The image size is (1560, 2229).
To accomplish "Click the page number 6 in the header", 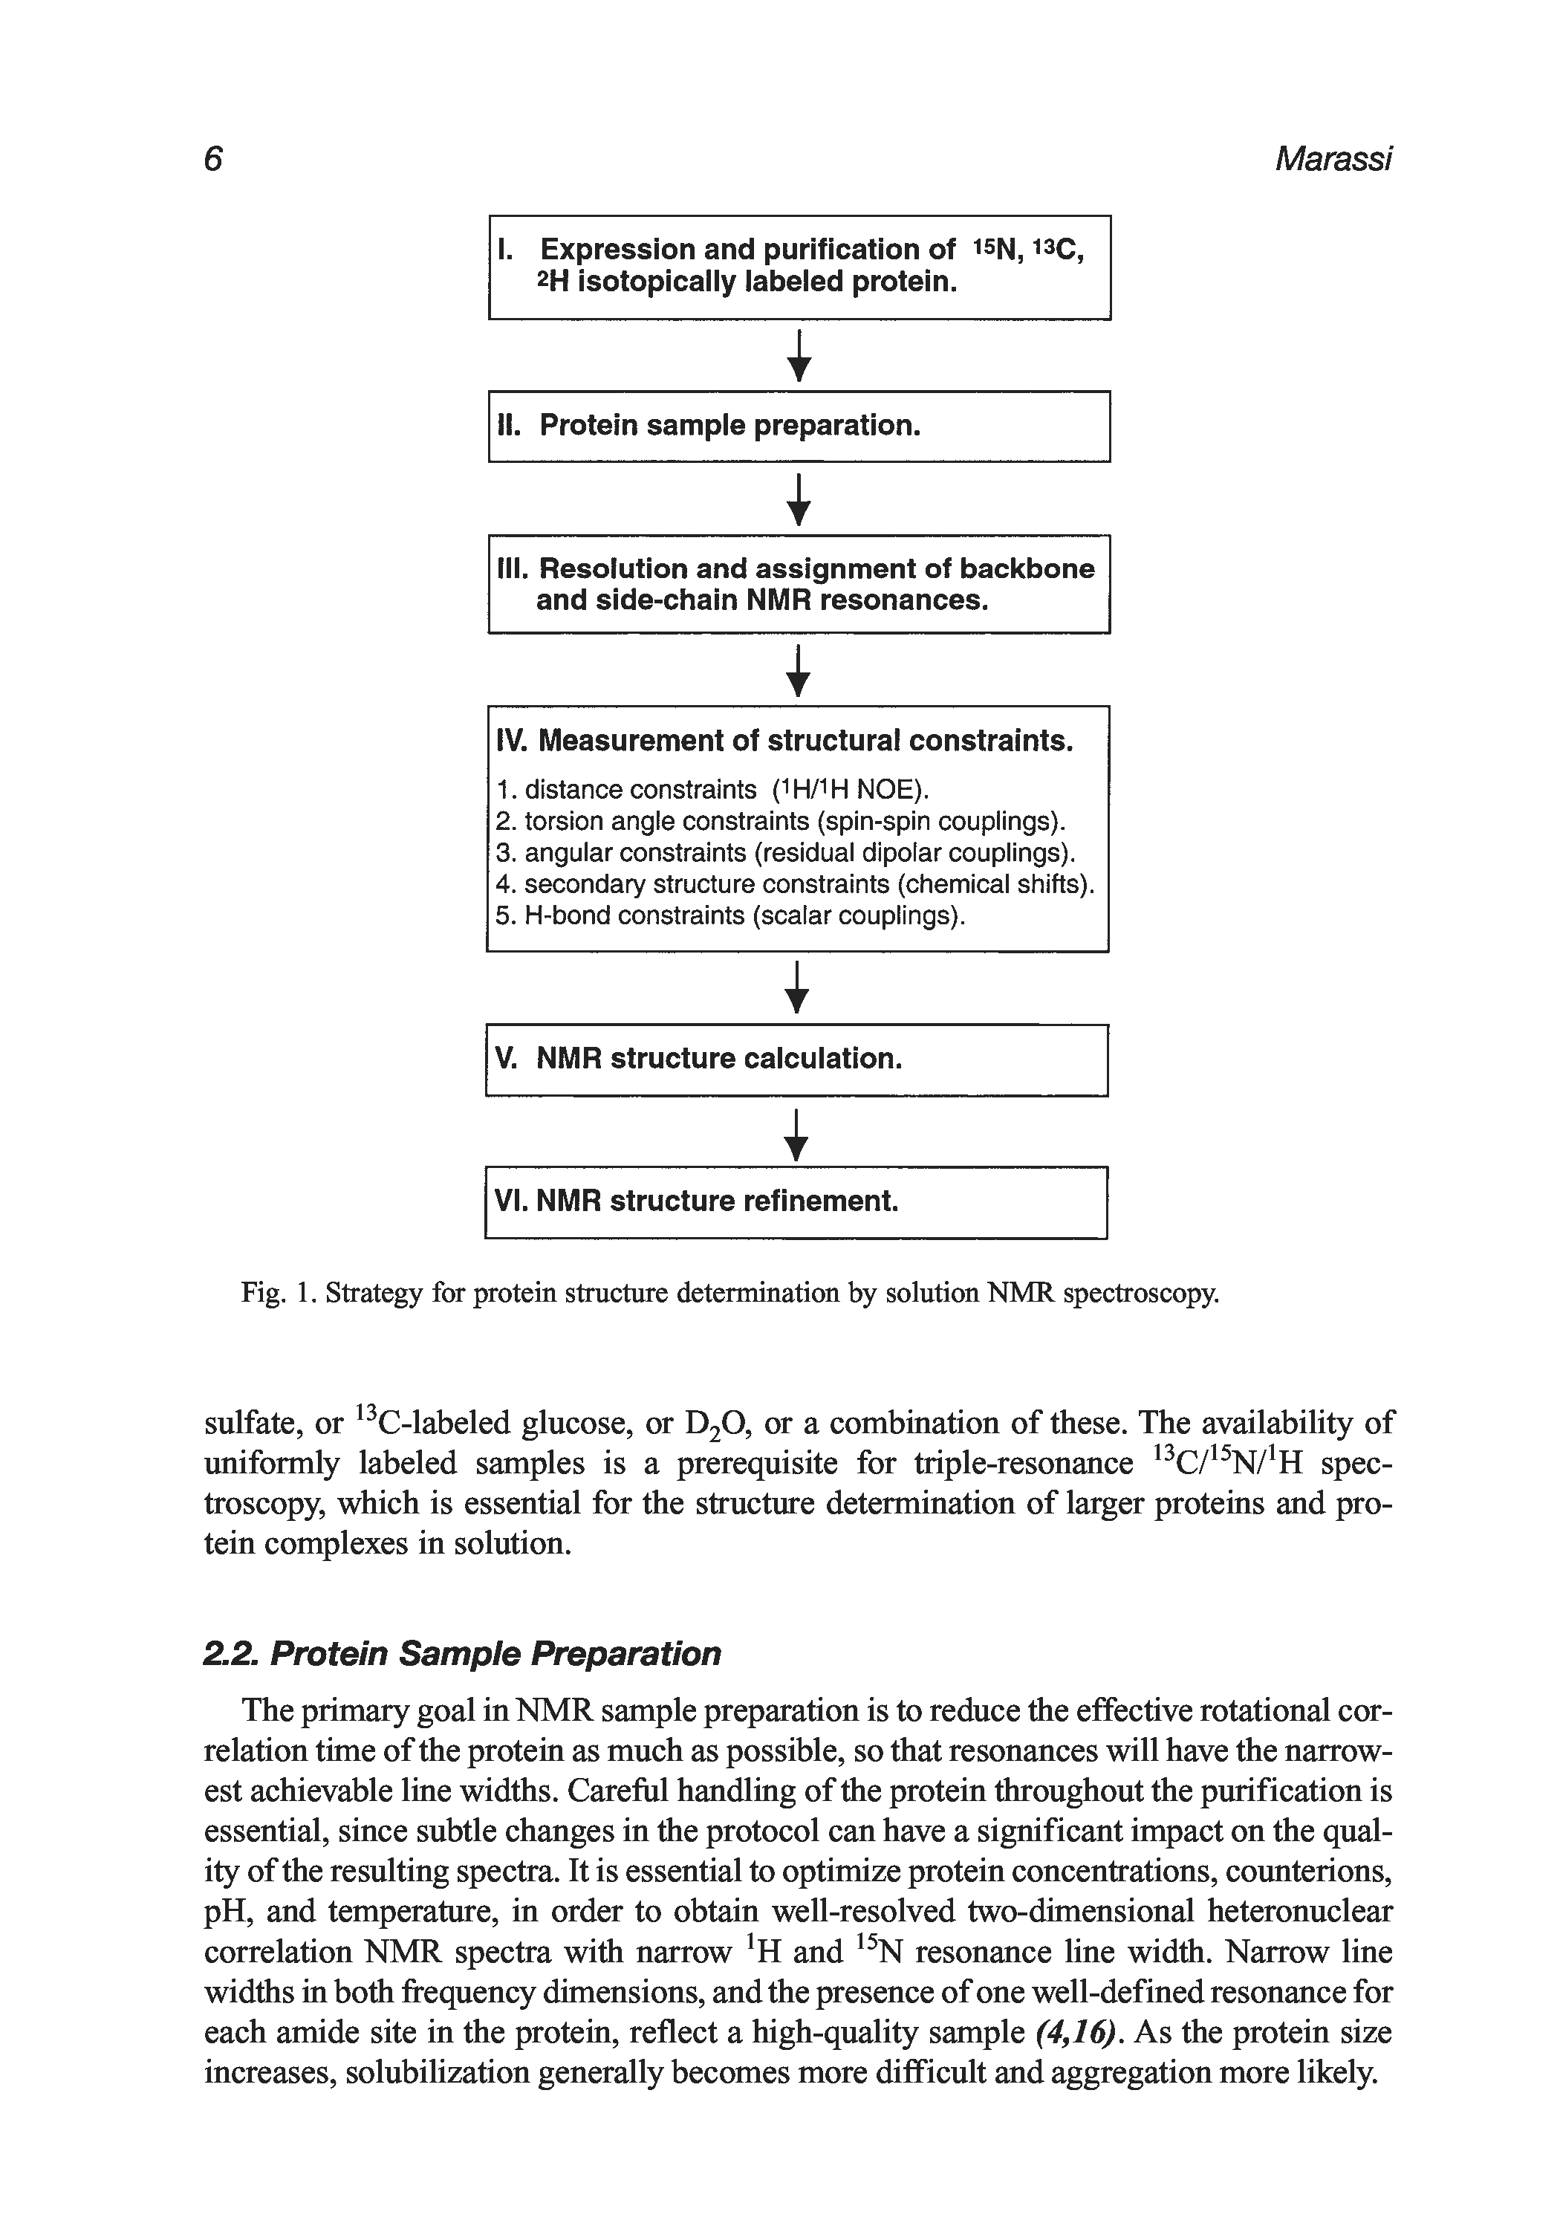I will pos(213,158).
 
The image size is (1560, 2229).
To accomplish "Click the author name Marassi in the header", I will pos(1333,159).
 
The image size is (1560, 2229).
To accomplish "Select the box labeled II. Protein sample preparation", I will pos(798,426).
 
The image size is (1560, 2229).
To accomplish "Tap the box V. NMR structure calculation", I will pos(796,1060).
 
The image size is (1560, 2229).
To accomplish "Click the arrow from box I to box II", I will pos(798,355).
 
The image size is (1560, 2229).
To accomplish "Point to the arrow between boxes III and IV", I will pos(797,671).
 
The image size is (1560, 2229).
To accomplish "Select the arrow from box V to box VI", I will pos(796,1134).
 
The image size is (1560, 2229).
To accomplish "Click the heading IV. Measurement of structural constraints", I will pos(784,742).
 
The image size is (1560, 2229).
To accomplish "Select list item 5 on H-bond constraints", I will pos(730,915).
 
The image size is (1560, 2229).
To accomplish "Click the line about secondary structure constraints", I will pos(794,884).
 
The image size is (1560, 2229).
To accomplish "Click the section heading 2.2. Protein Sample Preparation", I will pos(462,1653).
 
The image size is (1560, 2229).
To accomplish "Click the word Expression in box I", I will pos(617,250).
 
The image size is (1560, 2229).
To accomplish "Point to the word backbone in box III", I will pos(1027,569).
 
